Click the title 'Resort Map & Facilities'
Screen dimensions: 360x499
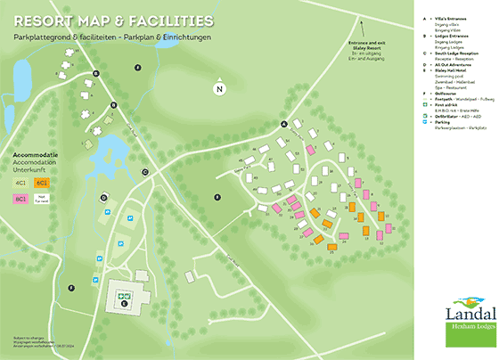(x=113, y=20)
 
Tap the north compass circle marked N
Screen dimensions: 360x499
(x=218, y=88)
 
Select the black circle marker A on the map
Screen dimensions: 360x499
(x=284, y=124)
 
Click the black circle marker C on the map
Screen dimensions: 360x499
(x=144, y=172)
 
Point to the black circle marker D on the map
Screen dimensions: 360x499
(x=103, y=198)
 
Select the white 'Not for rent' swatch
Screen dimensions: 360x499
(x=42, y=198)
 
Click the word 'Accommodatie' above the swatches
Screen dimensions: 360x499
(x=35, y=154)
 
